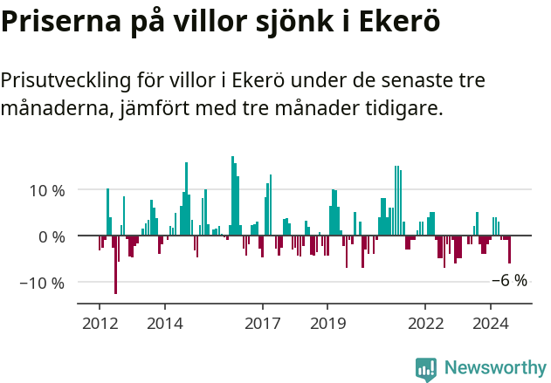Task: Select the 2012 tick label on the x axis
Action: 99,323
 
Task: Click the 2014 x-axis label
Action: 164,323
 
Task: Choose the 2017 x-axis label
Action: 262,323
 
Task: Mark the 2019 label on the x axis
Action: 327,323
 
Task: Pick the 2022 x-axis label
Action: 425,323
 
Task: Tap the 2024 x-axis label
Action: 491,323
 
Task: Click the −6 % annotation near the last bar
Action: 509,281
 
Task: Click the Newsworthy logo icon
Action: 425,367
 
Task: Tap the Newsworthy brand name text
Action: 494,367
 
